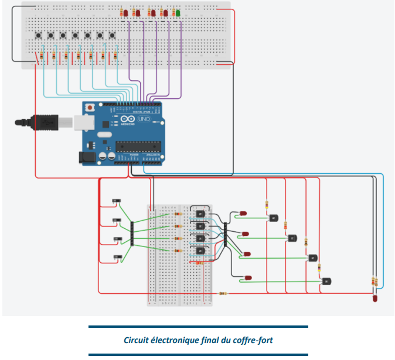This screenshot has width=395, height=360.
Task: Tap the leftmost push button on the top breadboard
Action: (x=38, y=36)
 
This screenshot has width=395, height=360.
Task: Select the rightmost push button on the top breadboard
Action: (x=112, y=36)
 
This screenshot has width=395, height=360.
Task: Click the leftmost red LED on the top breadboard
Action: (x=124, y=12)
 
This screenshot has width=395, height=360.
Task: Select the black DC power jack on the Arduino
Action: (x=86, y=157)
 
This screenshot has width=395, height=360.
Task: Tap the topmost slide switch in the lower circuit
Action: (x=117, y=202)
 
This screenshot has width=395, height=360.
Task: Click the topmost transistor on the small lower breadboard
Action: (x=200, y=214)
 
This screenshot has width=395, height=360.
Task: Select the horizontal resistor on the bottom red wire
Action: (x=223, y=293)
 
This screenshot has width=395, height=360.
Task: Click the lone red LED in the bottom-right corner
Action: (x=374, y=299)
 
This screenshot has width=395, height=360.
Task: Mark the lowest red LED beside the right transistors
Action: (x=248, y=277)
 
